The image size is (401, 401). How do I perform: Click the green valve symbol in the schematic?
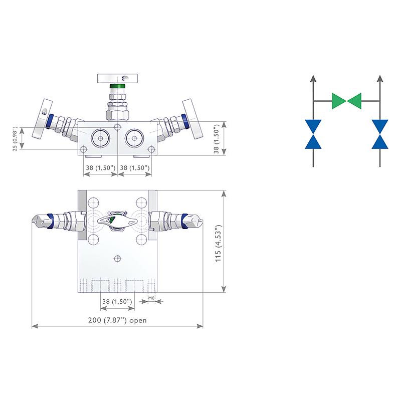pos(346,101)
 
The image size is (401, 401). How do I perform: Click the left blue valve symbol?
pos(313,134)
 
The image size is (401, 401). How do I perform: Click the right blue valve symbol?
pos(380,134)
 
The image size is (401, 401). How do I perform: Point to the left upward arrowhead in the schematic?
pos(313,78)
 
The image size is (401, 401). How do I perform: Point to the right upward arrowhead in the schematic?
pos(380,78)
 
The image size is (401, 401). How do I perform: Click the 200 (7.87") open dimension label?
pos(117,320)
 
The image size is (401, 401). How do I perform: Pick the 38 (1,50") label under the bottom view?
pos(117,302)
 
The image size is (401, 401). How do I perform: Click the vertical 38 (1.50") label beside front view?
pos(216,139)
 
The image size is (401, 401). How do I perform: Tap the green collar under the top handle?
pos(117,87)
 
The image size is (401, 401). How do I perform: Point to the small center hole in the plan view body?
pos(117,258)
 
